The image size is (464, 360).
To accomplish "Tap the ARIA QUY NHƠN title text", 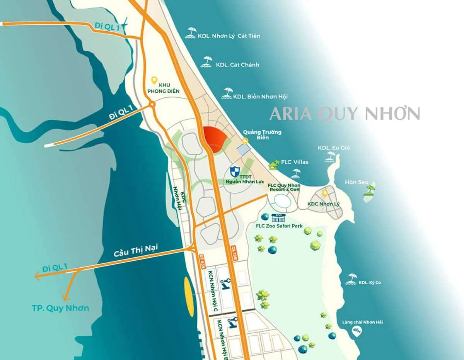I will point(345,114).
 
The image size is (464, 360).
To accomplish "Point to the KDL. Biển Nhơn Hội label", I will point(260,96).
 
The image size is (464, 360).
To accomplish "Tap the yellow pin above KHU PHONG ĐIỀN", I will point(154,80).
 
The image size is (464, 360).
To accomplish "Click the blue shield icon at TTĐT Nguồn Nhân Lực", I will point(234,171).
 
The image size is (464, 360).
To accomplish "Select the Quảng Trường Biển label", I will point(259,134).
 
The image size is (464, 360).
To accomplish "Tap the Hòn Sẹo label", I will point(356,182).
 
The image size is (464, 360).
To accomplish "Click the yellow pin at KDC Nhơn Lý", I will point(325,193).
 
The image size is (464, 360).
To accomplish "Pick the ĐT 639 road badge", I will point(202,262).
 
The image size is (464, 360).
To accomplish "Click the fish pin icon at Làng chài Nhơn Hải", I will point(357,331).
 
